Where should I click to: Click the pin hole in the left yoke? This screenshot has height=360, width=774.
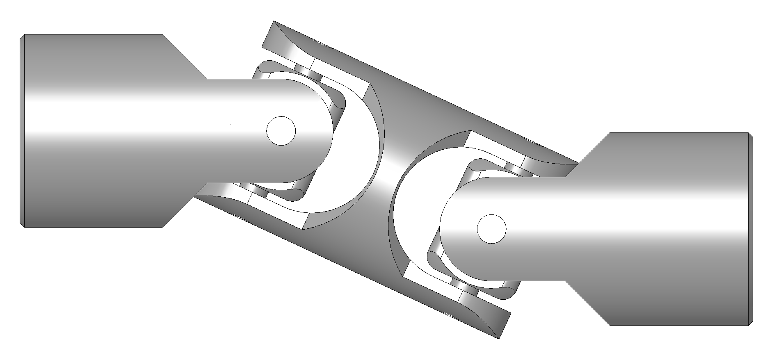[281, 131]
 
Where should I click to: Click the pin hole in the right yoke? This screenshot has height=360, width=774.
[492, 229]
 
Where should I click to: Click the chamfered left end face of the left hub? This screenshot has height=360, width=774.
[23, 131]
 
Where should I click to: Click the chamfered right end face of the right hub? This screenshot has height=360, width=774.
[751, 229]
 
